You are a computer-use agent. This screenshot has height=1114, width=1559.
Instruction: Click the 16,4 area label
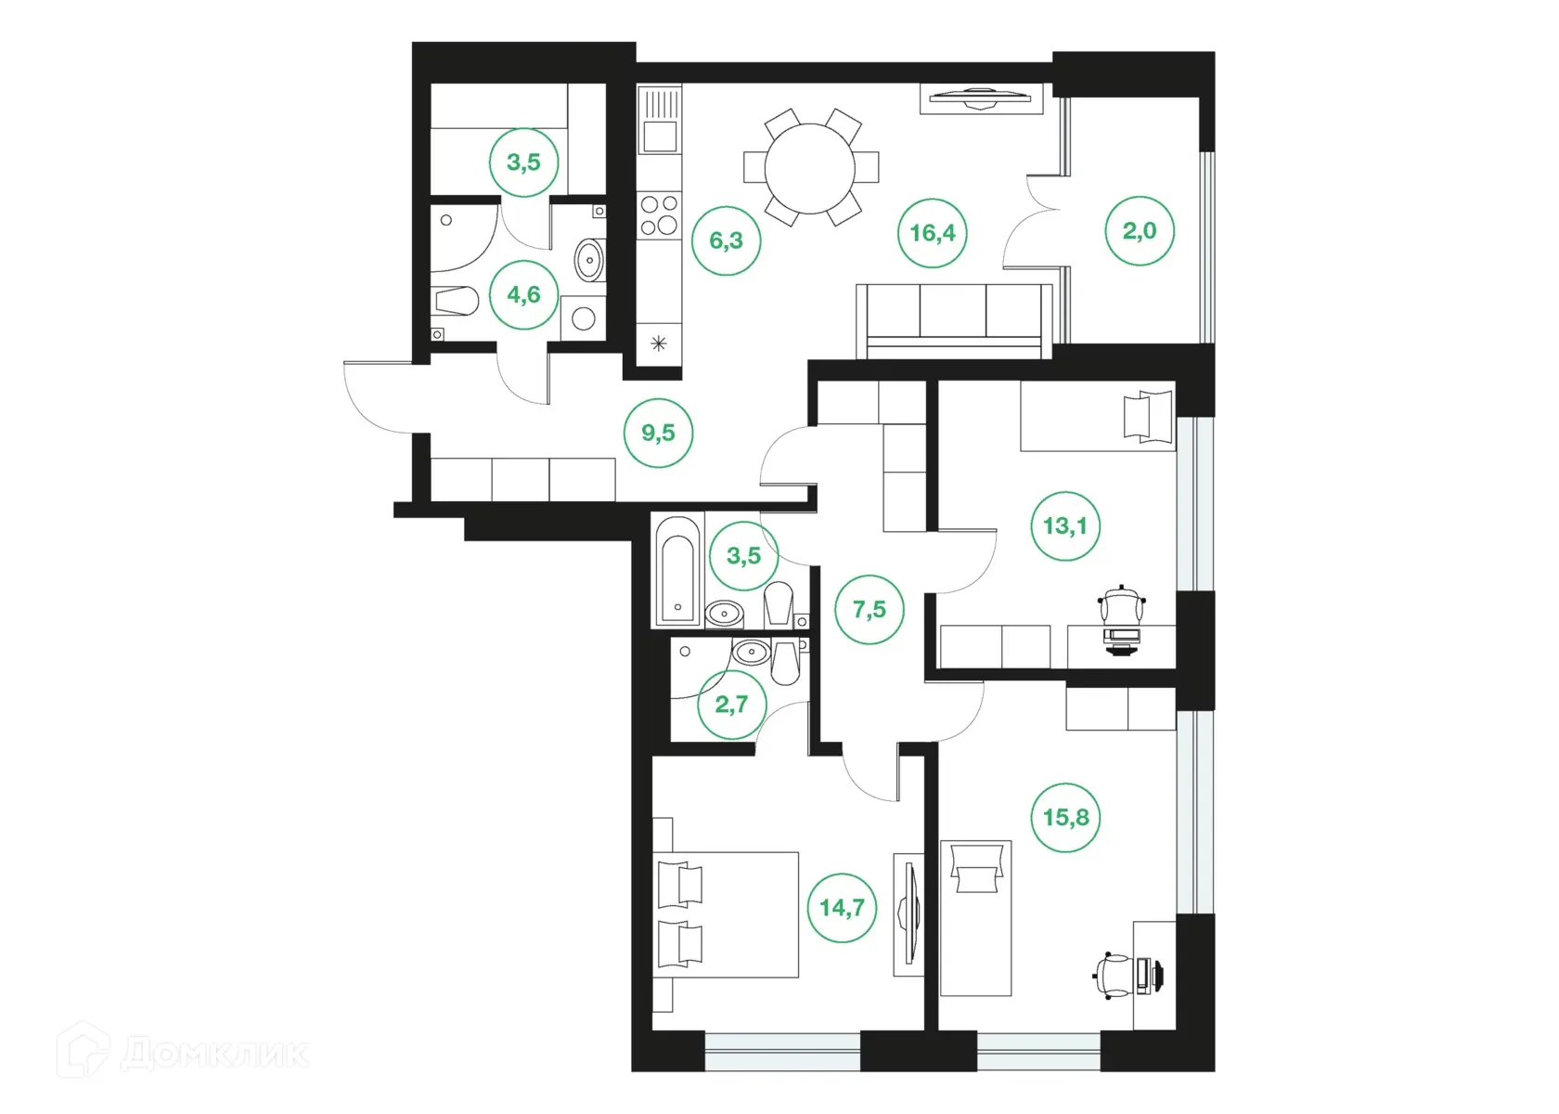tap(932, 233)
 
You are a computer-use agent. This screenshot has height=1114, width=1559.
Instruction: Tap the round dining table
tap(810, 169)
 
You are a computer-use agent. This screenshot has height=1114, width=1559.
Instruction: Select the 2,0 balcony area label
tap(1140, 231)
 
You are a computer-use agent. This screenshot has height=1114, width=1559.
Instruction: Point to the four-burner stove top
tap(659, 214)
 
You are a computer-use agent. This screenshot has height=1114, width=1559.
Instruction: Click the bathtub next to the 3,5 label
tap(678, 570)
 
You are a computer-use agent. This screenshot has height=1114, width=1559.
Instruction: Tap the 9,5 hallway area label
tap(658, 434)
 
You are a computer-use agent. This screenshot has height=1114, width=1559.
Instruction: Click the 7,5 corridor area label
tap(870, 610)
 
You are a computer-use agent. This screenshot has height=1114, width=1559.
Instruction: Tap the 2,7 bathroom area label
tap(731, 705)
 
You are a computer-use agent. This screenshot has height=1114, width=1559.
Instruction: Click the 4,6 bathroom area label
tap(523, 295)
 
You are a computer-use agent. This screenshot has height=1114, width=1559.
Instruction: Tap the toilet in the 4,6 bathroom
tap(457, 301)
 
